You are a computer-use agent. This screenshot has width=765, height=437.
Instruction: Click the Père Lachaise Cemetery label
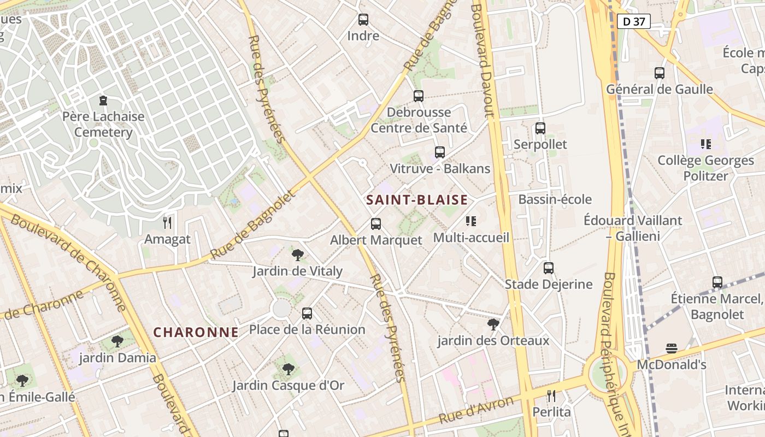(x=103, y=125)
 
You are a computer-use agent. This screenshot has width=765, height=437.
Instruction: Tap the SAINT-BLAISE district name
(x=417, y=200)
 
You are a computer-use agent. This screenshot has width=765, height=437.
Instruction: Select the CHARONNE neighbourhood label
(x=196, y=332)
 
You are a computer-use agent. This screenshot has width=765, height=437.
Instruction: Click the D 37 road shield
(x=633, y=21)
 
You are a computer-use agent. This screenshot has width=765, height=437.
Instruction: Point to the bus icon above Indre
(x=363, y=20)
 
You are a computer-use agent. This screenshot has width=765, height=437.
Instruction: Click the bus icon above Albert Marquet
(x=376, y=223)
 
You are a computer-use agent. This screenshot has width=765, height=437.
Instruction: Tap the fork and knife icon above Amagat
(x=167, y=222)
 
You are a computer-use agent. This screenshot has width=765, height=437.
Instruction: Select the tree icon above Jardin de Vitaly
(x=298, y=255)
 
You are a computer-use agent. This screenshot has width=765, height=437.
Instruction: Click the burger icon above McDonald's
(x=672, y=349)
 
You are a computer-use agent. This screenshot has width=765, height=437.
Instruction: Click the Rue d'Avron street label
(x=476, y=410)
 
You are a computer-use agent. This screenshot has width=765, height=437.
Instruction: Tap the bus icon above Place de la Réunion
(x=307, y=314)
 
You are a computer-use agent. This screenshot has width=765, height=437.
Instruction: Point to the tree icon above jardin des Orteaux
(x=493, y=324)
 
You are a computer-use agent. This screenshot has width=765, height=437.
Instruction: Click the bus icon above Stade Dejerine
(x=549, y=268)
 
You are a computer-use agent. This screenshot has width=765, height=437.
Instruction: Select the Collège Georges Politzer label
(x=705, y=168)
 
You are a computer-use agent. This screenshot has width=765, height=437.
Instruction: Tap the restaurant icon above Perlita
(x=551, y=395)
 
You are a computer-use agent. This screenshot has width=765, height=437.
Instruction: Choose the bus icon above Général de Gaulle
(x=660, y=73)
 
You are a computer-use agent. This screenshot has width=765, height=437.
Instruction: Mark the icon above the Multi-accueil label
(x=470, y=221)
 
